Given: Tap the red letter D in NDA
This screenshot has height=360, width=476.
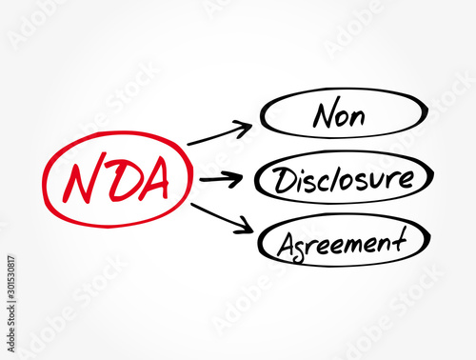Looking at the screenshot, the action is tap(115, 181).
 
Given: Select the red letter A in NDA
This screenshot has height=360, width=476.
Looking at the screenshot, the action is tap(151, 180).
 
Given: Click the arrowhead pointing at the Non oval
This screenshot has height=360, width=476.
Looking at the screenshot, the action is tap(247, 125).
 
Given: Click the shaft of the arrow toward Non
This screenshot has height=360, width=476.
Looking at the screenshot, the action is tap(214, 135).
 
